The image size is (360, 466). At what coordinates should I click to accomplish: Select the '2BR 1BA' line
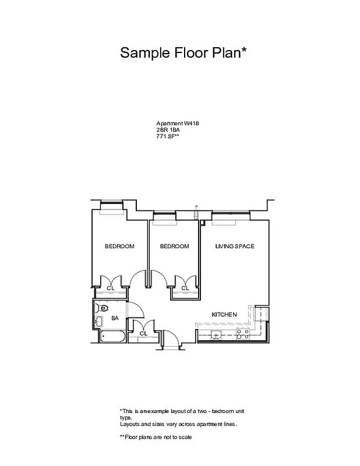(168, 130)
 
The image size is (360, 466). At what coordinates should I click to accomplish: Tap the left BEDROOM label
(119, 246)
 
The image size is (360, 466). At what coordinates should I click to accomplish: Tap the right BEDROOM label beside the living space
(175, 246)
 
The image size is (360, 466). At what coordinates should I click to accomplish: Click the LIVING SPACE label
(235, 246)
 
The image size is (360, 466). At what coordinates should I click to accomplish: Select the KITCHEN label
(224, 315)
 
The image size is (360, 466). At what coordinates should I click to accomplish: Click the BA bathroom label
(115, 318)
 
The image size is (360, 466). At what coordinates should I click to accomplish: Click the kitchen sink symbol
(216, 334)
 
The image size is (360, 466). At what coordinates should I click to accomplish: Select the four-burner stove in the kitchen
(242, 334)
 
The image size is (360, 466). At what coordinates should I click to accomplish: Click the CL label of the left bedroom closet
(111, 288)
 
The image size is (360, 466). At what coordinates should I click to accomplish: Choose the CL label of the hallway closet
(143, 333)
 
